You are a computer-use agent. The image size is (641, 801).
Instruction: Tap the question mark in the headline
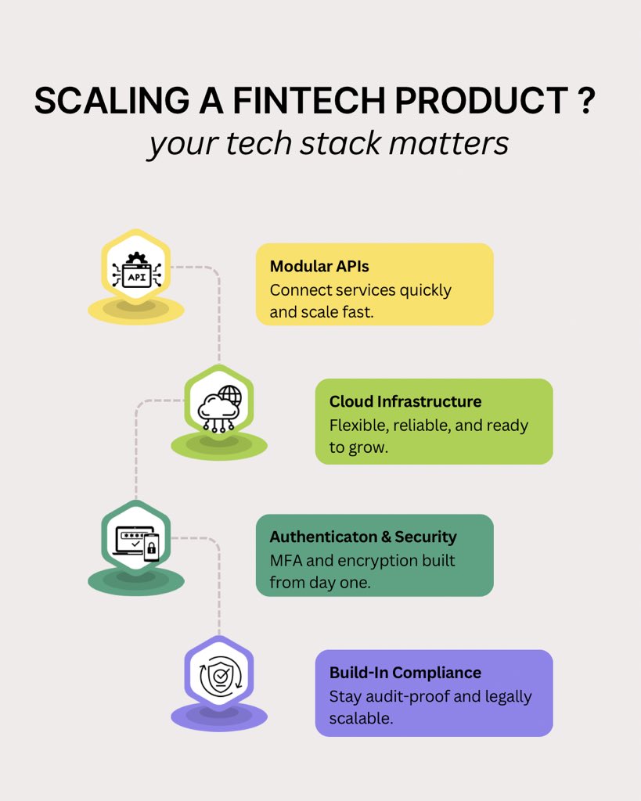pos(587,102)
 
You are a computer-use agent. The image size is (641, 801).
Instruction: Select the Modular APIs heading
pos(319,267)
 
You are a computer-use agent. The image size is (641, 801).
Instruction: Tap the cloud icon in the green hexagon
pos(219,408)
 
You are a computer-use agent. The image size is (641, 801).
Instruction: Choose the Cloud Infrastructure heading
pos(405,402)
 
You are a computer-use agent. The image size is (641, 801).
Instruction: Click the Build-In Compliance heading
pos(405,673)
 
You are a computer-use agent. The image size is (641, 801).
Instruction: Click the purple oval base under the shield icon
pos(219,716)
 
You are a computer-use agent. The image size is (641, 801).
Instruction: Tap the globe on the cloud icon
pos(230,394)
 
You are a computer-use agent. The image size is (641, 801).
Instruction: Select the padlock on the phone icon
pos(152,551)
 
